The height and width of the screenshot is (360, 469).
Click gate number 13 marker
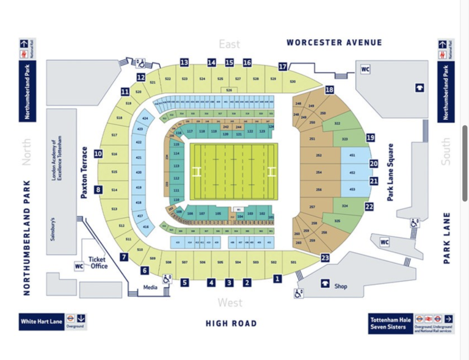[184, 62]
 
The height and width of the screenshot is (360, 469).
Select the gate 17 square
[283, 67]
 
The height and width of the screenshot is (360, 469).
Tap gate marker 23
[325, 258]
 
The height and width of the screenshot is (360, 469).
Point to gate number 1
[277, 279]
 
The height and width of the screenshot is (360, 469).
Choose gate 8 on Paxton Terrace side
[99, 190]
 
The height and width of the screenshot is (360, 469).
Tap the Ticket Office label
[98, 262]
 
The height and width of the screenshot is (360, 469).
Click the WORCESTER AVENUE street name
[334, 43]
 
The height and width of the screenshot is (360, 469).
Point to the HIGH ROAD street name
[231, 323]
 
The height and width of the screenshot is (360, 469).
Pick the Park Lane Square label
[391, 173]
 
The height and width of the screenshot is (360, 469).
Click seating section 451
[352, 156]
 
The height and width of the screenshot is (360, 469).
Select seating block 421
[139, 158]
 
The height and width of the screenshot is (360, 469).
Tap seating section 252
[319, 156]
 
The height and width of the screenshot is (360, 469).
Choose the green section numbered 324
[345, 206]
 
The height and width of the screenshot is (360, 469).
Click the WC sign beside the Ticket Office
[79, 266]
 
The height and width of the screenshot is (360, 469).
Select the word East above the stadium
[230, 45]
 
